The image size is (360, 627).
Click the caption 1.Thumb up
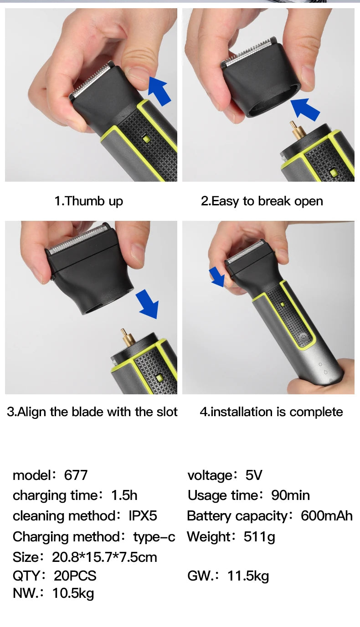click(x=89, y=201)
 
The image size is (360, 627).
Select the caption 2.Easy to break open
click(x=262, y=201)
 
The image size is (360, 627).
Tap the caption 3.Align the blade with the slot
click(x=92, y=412)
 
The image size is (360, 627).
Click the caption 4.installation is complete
click(x=271, y=412)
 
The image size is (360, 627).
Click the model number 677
click(x=76, y=475)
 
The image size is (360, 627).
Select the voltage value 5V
click(x=254, y=475)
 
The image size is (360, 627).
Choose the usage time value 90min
click(x=290, y=495)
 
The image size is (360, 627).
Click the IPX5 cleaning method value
click(x=143, y=515)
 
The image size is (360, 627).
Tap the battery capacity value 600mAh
click(x=327, y=515)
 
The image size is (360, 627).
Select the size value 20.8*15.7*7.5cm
click(x=104, y=557)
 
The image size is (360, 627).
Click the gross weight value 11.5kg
click(x=248, y=576)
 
